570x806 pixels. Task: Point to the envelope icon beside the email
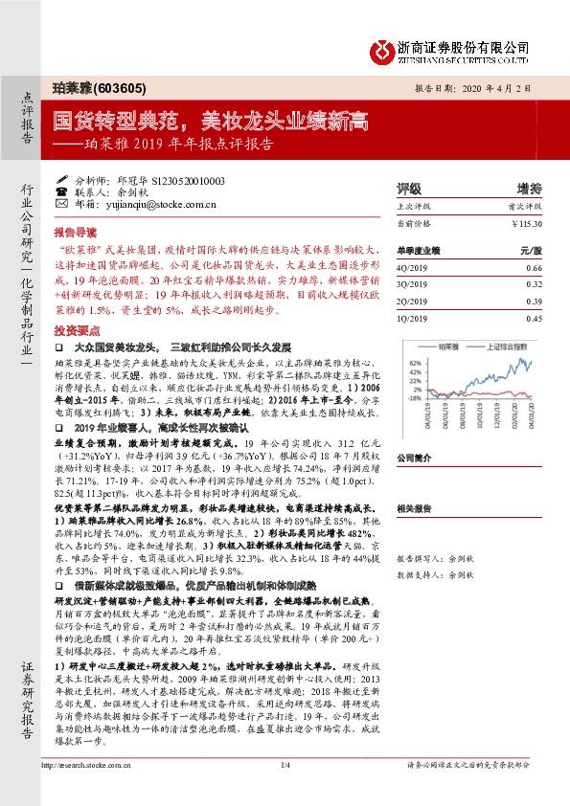pos(62,204)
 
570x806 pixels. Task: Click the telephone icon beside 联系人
pos(62,191)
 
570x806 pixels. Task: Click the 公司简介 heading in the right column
pos(415,458)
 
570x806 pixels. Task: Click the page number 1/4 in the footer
pos(284,792)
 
